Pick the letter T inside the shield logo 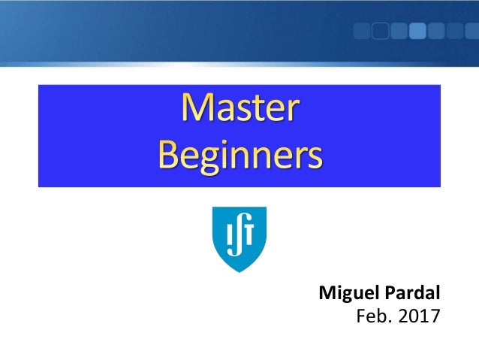tap(251, 234)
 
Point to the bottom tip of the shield tap(239, 270)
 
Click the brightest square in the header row tap(418, 31)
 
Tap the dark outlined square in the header tap(381, 31)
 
